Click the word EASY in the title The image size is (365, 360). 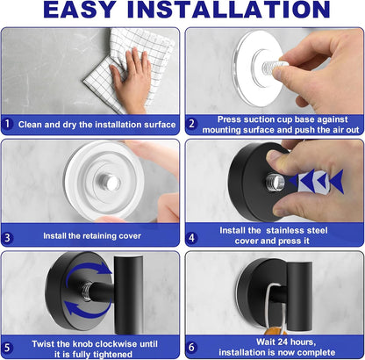pyautogui.click(x=79, y=10)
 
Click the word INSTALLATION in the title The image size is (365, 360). pyautogui.click(x=229, y=10)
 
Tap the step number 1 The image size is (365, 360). pyautogui.click(x=7, y=124)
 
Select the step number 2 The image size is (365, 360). pyautogui.click(x=191, y=124)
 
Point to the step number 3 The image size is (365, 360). pyautogui.click(x=7, y=237)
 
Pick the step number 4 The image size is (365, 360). pyautogui.click(x=191, y=237)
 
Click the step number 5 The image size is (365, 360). pyautogui.click(x=7, y=348)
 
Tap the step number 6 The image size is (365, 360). pyautogui.click(x=191, y=347)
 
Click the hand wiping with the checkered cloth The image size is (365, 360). pyautogui.click(x=131, y=81)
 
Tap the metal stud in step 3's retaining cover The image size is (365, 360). pyautogui.click(x=110, y=182)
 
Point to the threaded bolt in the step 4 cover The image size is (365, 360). pyautogui.click(x=275, y=184)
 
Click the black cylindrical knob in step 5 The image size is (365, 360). pyautogui.click(x=128, y=295)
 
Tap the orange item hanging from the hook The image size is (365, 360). pyautogui.click(x=276, y=331)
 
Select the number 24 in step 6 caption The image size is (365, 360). pyautogui.click(x=283, y=342)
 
